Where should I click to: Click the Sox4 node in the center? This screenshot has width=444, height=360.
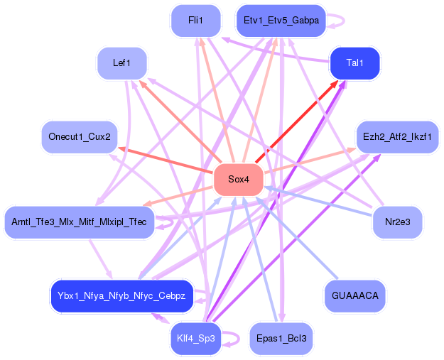coord(239,180)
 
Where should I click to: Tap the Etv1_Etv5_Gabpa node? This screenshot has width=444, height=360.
coord(281,21)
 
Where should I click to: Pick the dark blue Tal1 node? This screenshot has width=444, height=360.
coord(354,63)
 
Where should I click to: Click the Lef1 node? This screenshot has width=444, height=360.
coord(121,63)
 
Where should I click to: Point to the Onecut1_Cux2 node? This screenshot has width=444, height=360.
coord(79,136)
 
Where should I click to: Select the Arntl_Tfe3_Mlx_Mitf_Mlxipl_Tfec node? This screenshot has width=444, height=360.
coord(79,222)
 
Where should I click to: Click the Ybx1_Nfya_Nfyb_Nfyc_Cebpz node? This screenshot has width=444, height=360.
coord(121,295)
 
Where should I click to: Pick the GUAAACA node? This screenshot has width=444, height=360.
coord(354,295)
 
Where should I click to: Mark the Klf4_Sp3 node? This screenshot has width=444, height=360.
coord(195,338)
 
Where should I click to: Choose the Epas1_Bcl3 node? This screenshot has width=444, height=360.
coord(281,338)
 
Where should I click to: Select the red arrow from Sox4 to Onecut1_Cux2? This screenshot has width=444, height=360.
coord(167,160)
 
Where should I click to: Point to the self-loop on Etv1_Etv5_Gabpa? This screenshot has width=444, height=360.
coord(338,21)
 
